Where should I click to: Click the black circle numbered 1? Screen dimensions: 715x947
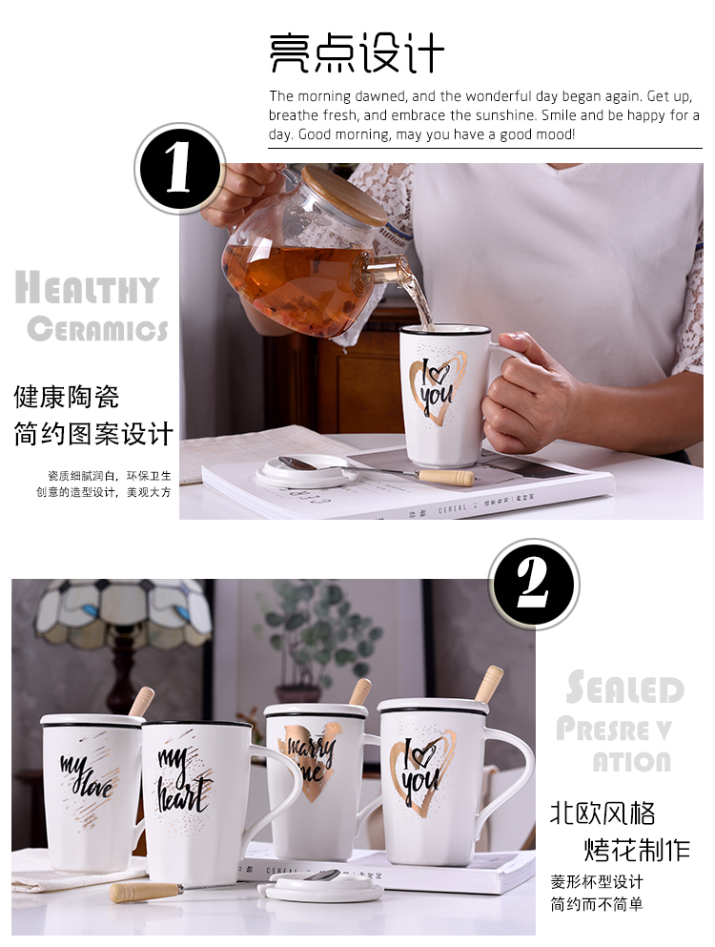[x=179, y=169]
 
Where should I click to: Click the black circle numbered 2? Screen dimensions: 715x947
[x=533, y=584]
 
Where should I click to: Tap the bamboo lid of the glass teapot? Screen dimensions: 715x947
[x=344, y=196]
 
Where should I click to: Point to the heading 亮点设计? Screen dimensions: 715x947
[x=357, y=53]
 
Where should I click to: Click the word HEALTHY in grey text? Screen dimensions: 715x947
[x=87, y=287]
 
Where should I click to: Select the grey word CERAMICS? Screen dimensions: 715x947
[x=97, y=329]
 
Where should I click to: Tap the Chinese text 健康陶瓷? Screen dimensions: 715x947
[x=67, y=398]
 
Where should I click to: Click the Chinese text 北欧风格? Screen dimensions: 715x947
[x=603, y=813]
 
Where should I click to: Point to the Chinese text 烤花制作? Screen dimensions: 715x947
[x=637, y=849]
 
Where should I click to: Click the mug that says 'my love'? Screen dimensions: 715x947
[x=91, y=793]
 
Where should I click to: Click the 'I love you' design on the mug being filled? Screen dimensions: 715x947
[x=436, y=386]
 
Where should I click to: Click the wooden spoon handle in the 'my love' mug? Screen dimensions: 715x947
[x=140, y=703]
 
